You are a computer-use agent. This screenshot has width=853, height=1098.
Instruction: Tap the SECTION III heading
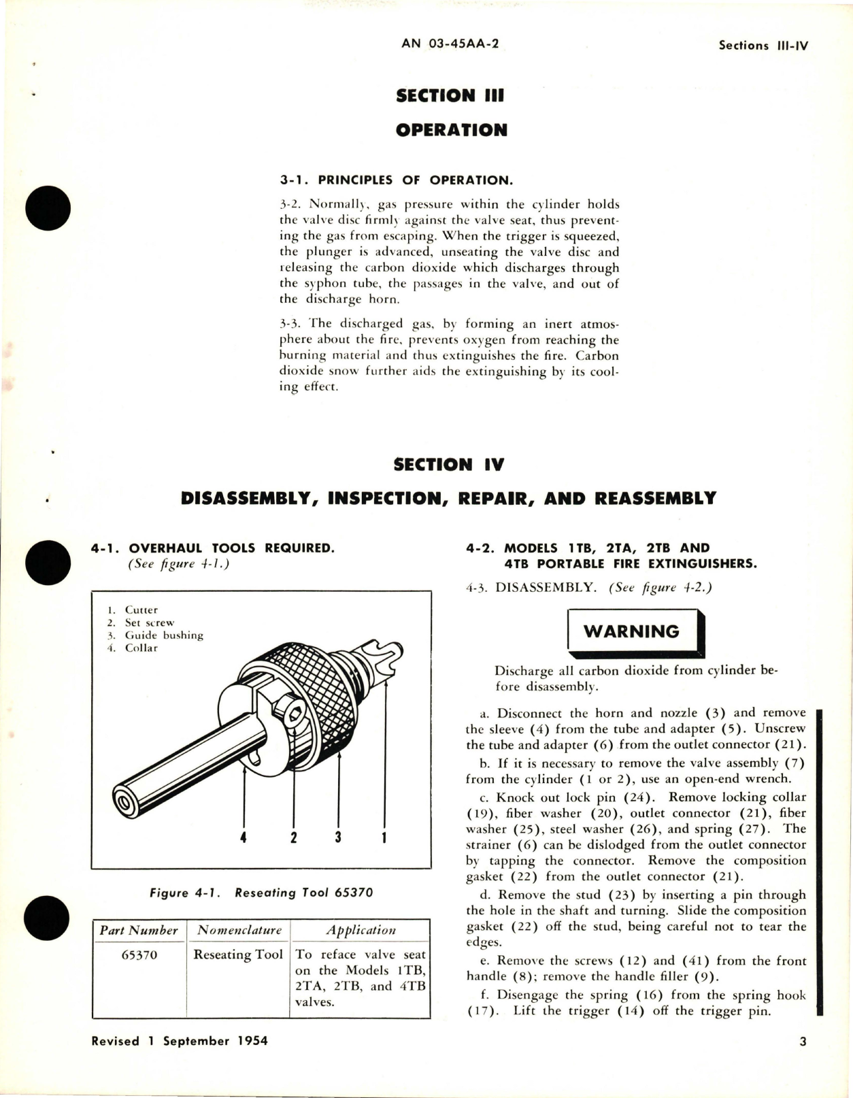pyautogui.click(x=450, y=95)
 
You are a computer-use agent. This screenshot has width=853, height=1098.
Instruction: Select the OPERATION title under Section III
pyautogui.click(x=451, y=130)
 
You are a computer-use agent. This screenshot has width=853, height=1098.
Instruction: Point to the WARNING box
pyautogui.click(x=631, y=631)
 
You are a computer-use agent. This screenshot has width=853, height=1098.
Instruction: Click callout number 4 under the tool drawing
pyautogui.click(x=244, y=837)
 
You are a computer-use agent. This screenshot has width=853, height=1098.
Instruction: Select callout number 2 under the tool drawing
pyautogui.click(x=294, y=837)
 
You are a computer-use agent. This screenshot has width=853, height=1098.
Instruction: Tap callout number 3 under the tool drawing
pyautogui.click(x=338, y=837)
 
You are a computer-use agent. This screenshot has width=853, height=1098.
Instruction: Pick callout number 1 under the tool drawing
pyautogui.click(x=385, y=837)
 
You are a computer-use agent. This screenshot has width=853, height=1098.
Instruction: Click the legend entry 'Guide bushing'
pyautogui.click(x=163, y=635)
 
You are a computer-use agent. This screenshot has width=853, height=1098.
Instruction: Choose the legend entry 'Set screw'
pyautogui.click(x=149, y=622)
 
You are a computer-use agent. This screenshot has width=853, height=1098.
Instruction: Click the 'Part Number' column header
pyautogui.click(x=139, y=930)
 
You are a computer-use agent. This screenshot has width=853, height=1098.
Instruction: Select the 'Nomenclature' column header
pyautogui.click(x=239, y=930)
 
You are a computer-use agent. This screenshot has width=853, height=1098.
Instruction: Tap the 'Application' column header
pyautogui.click(x=361, y=930)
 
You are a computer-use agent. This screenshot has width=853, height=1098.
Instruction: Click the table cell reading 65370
pyautogui.click(x=139, y=955)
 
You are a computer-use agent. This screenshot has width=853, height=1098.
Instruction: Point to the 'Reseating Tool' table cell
pyautogui.click(x=238, y=955)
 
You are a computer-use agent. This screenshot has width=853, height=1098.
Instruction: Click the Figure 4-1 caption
pyautogui.click(x=261, y=893)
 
